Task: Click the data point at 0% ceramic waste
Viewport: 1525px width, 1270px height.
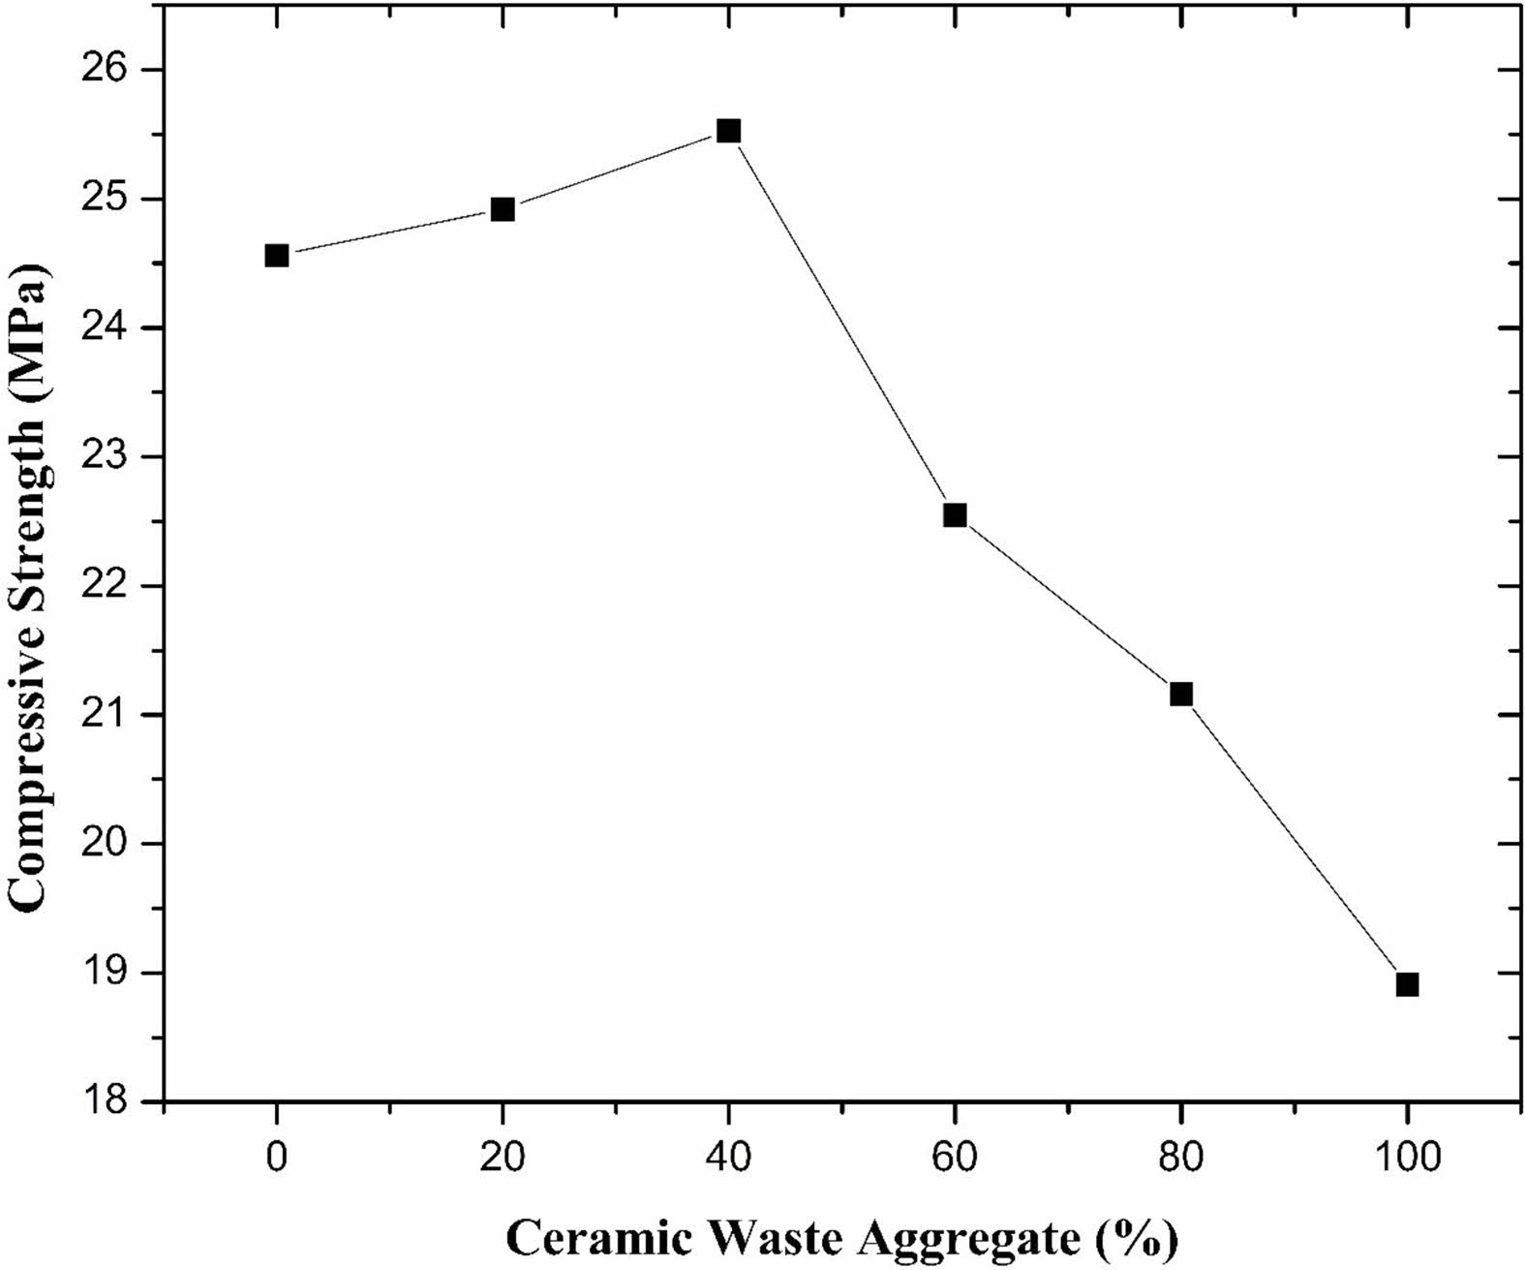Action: pos(276,256)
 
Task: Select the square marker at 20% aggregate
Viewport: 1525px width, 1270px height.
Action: pos(503,209)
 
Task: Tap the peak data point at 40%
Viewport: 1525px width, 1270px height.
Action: pos(728,131)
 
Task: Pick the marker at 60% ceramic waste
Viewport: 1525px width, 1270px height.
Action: pos(955,515)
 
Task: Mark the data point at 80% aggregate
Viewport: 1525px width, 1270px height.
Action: pos(1181,694)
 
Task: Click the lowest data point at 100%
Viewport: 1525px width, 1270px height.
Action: pos(1407,984)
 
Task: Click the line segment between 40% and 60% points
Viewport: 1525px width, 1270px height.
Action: pos(841,323)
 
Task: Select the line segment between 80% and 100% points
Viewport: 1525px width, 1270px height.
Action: pos(1295,839)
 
